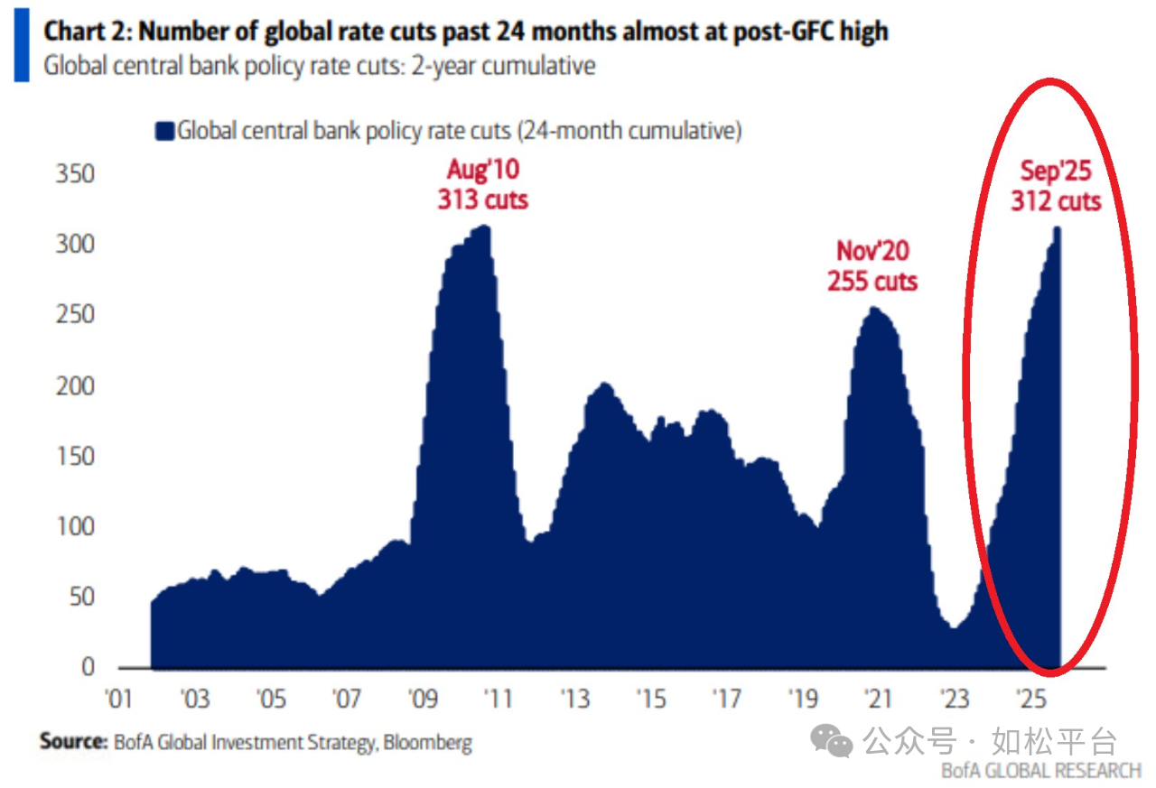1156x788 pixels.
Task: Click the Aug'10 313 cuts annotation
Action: coord(482,184)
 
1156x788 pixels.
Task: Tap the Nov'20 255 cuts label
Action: coord(872,266)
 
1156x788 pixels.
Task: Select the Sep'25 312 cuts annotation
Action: coord(1056,186)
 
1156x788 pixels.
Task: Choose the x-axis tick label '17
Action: coord(726,700)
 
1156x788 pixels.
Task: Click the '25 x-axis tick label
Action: coord(1030,700)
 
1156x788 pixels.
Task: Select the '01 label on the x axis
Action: coord(119,700)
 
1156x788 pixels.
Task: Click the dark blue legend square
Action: coord(164,132)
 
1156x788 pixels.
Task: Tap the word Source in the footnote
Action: coord(73,742)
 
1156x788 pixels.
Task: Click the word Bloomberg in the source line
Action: coord(427,743)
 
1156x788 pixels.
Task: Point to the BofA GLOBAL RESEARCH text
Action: coord(1041,770)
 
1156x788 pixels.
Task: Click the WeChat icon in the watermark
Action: coord(831,741)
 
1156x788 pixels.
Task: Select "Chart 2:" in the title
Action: coord(87,32)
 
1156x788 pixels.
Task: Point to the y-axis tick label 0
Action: coord(88,668)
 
